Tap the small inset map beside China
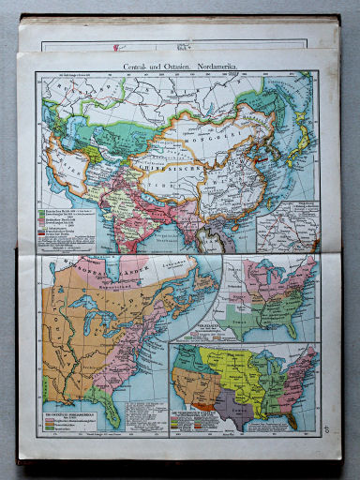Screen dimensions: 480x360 tap(287, 226)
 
